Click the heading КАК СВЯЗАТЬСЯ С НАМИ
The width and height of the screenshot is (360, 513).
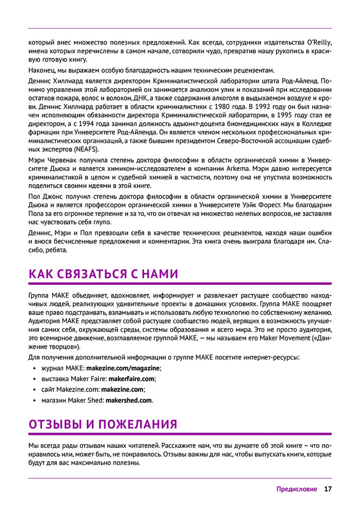click(104, 274)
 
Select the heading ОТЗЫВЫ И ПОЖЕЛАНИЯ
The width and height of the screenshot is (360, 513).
click(103, 424)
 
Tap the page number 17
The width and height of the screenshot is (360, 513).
click(328, 489)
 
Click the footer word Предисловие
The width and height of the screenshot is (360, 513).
click(297, 489)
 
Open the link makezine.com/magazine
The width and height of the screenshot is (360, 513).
click(123, 368)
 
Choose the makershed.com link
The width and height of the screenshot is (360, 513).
click(129, 400)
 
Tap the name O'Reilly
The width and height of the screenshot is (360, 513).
click(319, 42)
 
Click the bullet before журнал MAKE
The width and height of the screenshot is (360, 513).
click(34, 368)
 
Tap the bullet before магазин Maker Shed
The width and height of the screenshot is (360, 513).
click(34, 400)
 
